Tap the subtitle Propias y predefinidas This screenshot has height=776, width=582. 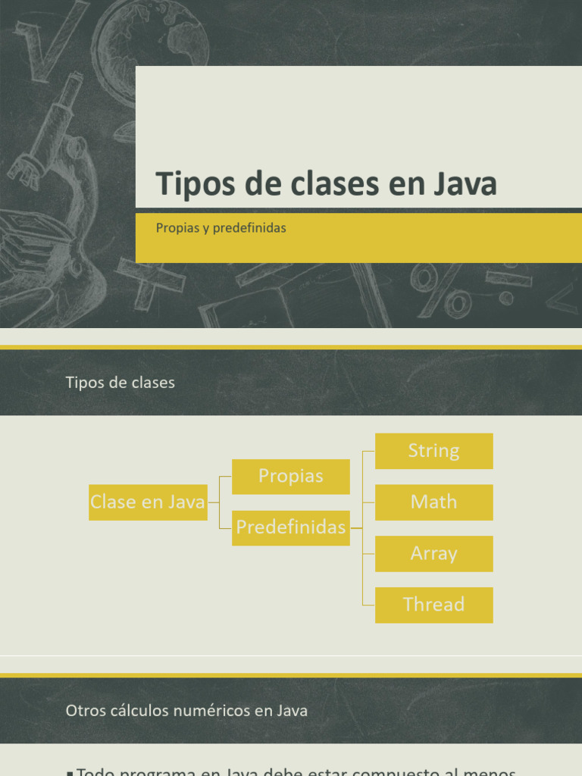(x=221, y=227)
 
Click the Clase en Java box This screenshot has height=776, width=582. (x=148, y=502)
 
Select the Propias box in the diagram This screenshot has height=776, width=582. (x=290, y=476)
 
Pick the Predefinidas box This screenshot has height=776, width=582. (x=290, y=527)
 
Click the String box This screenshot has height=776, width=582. (x=433, y=451)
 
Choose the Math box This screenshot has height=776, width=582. (x=433, y=502)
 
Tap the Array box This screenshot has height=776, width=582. (x=433, y=553)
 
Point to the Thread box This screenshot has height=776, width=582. (x=433, y=605)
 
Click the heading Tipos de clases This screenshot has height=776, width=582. (x=120, y=383)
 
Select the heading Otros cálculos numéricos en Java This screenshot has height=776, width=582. (x=186, y=711)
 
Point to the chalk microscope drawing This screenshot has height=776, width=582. (x=57, y=136)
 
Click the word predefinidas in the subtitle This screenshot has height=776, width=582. (x=249, y=227)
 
